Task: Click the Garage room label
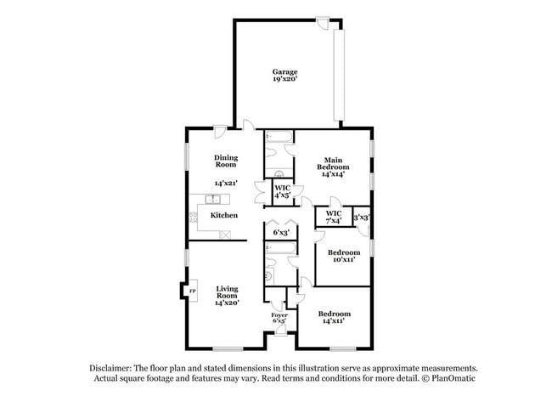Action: tap(284, 71)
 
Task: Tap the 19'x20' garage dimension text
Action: tap(284, 80)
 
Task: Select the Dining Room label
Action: tap(226, 161)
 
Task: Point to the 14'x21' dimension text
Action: tap(226, 183)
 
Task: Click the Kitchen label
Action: tap(224, 215)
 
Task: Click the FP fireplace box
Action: tap(192, 292)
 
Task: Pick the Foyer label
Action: tap(279, 315)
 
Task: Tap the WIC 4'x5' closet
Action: tap(282, 191)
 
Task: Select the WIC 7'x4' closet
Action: tap(334, 217)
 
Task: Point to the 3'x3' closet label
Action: tap(361, 217)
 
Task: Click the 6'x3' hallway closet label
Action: tap(279, 232)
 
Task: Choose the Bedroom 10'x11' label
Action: tap(343, 256)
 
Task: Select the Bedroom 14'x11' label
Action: tap(334, 318)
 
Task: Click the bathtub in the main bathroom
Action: tap(279, 137)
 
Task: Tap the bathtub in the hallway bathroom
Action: tap(279, 248)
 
